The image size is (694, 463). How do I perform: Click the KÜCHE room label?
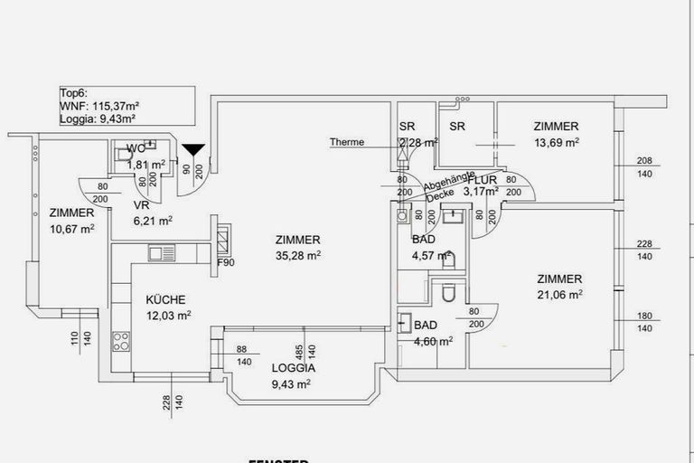pyautogui.click(x=166, y=300)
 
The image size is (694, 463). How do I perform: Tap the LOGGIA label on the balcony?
pyautogui.click(x=294, y=368)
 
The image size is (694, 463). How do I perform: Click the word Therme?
pyautogui.click(x=347, y=142)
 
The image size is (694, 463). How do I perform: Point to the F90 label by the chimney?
pyautogui.click(x=225, y=263)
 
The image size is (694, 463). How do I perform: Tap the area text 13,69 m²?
pyautogui.click(x=556, y=142)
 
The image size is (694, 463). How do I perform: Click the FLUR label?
pyautogui.click(x=483, y=180)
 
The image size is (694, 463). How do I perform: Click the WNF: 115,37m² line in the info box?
pyautogui.click(x=99, y=106)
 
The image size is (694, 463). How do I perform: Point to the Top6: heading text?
pyautogui.click(x=74, y=93)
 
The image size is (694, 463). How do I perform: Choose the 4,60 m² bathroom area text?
pyautogui.click(x=432, y=340)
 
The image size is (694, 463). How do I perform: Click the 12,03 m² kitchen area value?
pyautogui.click(x=171, y=316)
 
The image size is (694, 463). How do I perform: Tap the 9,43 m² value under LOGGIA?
pyautogui.click(x=291, y=383)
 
